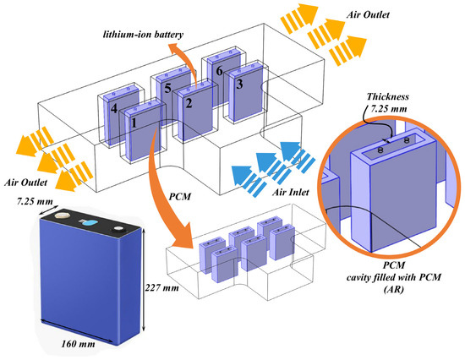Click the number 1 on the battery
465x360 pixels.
(132, 123)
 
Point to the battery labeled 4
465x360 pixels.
(113, 109)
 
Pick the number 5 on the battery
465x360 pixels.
(168, 89)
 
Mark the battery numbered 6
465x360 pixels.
(219, 72)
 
